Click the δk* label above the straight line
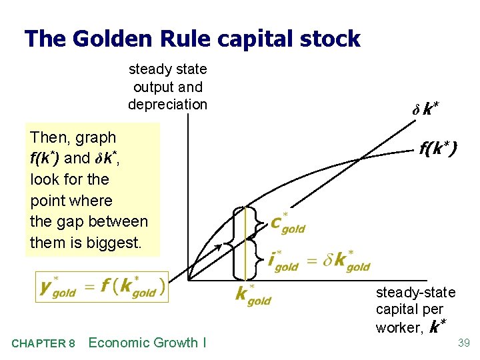point(425,109)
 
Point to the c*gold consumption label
point(287,223)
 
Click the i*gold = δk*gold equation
point(319,260)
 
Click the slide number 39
point(464,343)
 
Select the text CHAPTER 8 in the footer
point(43,343)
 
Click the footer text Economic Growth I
point(147,343)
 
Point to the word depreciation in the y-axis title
point(167,104)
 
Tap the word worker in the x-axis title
point(398,327)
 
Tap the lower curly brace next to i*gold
point(256,259)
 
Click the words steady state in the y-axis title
point(167,69)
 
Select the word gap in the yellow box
point(69,222)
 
